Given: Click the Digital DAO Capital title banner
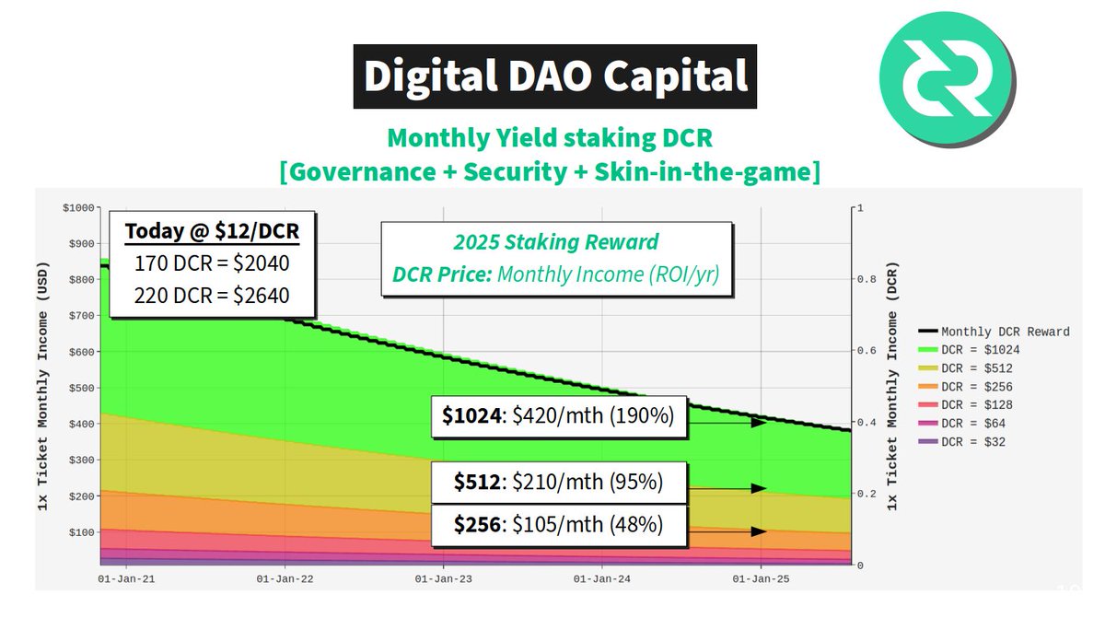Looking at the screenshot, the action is point(555,76).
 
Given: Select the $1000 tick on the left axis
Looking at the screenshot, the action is point(78,207).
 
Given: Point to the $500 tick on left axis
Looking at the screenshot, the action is point(81,388).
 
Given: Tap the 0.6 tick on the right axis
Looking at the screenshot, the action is point(862,351).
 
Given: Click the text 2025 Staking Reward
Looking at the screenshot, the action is point(555,242).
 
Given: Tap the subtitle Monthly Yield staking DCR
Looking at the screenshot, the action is point(551,138).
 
